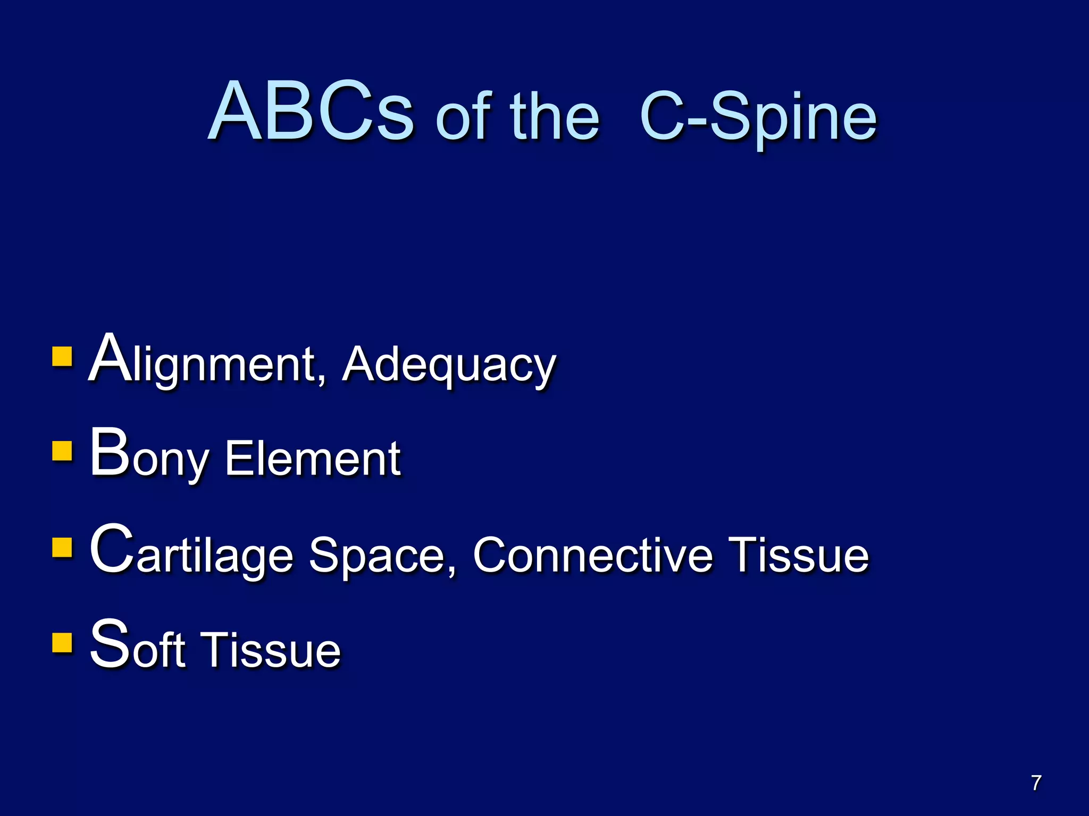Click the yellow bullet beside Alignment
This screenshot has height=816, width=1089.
62,357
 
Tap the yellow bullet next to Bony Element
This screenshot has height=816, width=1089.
62,451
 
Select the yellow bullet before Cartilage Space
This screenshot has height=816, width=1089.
62,547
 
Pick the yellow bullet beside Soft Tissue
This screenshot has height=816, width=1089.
62,642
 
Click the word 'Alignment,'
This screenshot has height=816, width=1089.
207,361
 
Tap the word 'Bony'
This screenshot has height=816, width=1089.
149,456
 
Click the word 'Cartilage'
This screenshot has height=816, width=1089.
191,552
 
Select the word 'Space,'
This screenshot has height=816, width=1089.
383,556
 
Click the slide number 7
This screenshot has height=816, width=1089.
1036,783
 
